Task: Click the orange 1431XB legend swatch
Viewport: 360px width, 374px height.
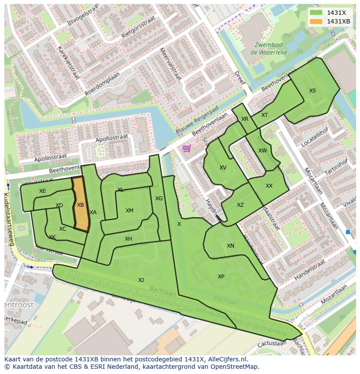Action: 317,21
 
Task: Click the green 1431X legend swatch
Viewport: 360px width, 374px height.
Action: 317,13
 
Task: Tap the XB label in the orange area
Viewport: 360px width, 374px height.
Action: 80,205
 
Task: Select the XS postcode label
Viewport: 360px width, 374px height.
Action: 313,91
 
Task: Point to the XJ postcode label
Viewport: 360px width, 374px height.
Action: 141,280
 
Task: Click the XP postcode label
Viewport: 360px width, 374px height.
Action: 221,277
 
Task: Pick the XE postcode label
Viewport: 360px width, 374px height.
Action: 42,191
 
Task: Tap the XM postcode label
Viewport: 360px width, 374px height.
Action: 130,211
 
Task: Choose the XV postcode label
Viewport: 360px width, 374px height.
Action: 223,168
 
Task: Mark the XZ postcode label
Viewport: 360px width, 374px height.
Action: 240,205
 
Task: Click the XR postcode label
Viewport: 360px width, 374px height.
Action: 245,119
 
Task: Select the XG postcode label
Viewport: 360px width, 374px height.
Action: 159,199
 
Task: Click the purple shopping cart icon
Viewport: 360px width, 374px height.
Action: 187,149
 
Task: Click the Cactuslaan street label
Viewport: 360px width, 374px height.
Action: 272,343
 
